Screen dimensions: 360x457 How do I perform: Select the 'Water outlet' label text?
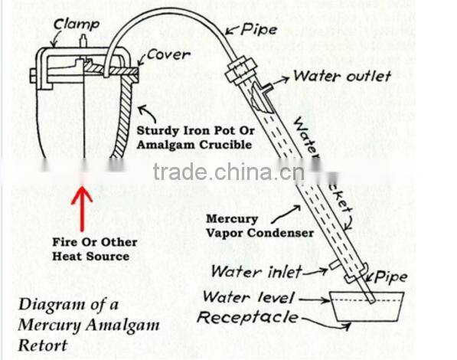pyautogui.click(x=342, y=76)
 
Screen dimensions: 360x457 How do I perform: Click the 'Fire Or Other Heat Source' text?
pyautogui.click(x=95, y=249)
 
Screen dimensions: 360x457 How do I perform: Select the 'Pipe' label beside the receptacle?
pyautogui.click(x=390, y=277)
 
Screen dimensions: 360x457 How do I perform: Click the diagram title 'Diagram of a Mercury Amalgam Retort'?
pyautogui.click(x=90, y=324)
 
